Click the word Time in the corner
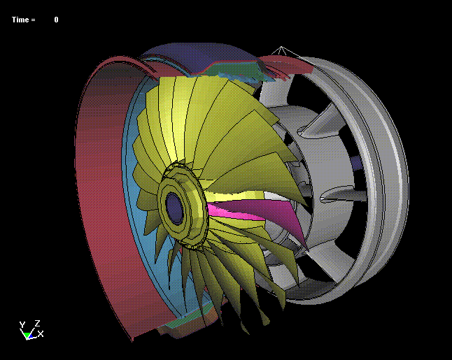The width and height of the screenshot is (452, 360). pos(20,20)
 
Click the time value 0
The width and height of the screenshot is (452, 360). pos(56,20)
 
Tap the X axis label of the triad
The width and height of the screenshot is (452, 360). pos(41,334)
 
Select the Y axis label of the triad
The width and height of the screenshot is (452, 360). pos(22,325)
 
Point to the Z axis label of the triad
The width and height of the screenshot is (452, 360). pos(37,323)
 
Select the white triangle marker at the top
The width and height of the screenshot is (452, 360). pos(281,50)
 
